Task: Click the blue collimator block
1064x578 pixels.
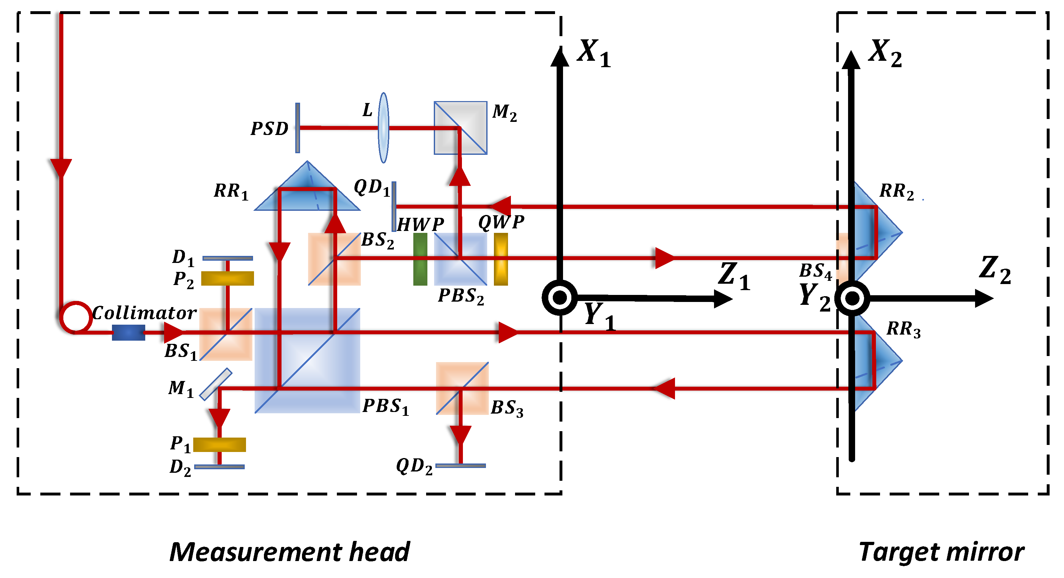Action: click(x=129, y=332)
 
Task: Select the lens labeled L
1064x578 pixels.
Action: click(x=384, y=128)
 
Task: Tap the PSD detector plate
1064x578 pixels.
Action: click(x=298, y=128)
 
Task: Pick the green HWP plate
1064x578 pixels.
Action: click(x=420, y=259)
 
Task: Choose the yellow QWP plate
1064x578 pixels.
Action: click(x=501, y=259)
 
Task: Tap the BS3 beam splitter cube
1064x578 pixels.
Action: click(x=462, y=388)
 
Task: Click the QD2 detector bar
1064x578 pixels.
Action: click(x=461, y=466)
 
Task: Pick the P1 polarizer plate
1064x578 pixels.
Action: click(x=219, y=445)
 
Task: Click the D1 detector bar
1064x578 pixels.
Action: click(x=227, y=258)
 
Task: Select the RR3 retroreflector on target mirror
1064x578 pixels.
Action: click(x=878, y=361)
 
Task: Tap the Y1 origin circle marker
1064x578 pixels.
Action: click(x=560, y=298)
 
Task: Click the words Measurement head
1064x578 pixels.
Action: click(x=290, y=552)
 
